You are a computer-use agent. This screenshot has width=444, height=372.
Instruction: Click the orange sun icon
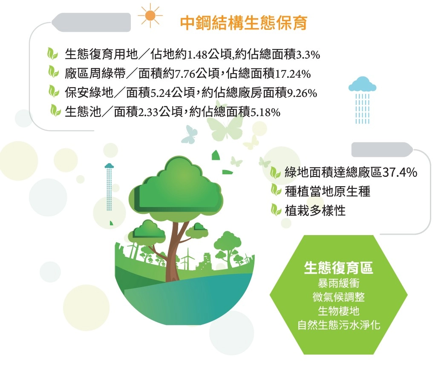[x=150, y=16]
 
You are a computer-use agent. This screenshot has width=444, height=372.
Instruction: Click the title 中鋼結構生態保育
[x=244, y=23]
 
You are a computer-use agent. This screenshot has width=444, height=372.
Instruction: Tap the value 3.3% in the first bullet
[x=308, y=54]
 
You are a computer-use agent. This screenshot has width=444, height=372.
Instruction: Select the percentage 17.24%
[x=293, y=74]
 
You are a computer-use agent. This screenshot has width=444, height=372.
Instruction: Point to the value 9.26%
[x=302, y=93]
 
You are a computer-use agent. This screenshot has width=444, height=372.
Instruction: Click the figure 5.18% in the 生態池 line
[x=265, y=112]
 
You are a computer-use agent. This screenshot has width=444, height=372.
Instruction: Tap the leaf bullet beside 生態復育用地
[x=53, y=54]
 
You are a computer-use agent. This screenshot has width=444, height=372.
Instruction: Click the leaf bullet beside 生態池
[x=55, y=111]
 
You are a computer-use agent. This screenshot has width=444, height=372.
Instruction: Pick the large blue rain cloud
[x=362, y=84]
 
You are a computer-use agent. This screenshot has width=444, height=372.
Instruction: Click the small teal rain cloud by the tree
[x=109, y=165]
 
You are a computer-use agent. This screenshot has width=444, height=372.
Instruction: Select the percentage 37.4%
[x=400, y=172]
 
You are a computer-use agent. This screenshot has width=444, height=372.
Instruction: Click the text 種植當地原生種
[x=328, y=191]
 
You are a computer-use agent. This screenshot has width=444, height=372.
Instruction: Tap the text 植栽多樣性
[x=315, y=211]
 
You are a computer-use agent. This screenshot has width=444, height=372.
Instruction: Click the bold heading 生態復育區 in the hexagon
[x=338, y=268]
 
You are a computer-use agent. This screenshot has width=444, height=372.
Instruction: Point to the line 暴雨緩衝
[x=338, y=283]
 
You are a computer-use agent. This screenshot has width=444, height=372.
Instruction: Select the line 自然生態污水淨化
[x=338, y=325]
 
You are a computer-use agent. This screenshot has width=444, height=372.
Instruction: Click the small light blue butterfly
[x=189, y=134]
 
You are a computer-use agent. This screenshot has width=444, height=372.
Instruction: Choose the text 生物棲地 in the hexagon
[x=338, y=311]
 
